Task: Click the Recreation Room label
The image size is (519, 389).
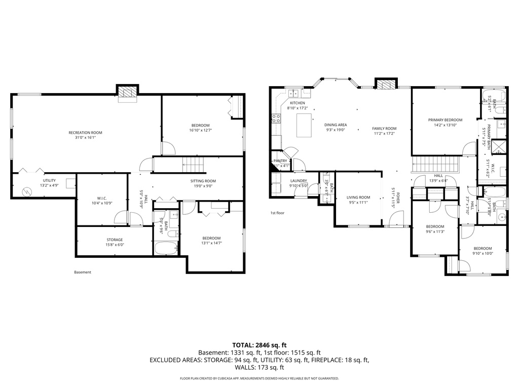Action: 82,135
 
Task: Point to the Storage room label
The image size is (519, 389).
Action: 114,242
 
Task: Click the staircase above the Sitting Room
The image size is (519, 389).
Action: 193,164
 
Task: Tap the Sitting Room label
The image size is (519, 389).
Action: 203,183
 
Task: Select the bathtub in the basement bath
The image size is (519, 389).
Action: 166,248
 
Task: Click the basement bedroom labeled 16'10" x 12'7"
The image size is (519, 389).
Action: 200,128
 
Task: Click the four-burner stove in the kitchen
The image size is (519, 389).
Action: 277,119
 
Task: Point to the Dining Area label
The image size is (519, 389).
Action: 336,127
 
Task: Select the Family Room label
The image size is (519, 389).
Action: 384,131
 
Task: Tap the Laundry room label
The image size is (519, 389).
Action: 298,183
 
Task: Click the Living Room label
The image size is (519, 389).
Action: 358,200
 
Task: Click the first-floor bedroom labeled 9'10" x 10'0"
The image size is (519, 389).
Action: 482,251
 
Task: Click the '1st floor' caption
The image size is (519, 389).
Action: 277,213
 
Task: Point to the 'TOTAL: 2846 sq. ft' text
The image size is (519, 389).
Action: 259,344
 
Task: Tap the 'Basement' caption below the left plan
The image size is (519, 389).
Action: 83,272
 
